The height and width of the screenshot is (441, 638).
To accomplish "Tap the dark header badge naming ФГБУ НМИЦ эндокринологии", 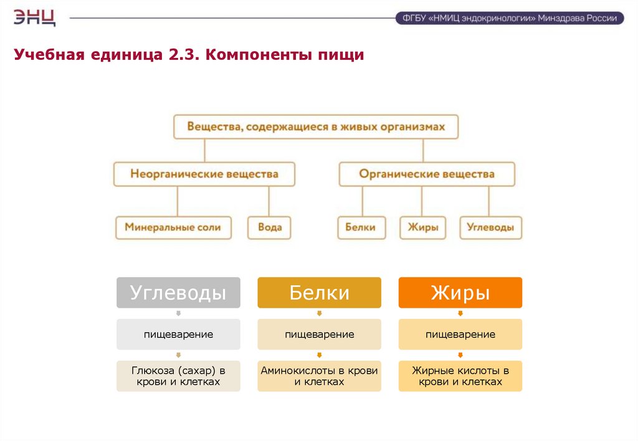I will [509, 18].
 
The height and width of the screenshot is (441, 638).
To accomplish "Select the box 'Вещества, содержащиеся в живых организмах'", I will [316, 126].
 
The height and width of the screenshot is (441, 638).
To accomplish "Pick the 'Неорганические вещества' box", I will [204, 174].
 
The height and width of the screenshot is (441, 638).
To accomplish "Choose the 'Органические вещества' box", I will [427, 174].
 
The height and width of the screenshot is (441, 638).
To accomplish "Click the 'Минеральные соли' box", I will [173, 227].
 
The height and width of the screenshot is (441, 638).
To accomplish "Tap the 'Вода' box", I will [270, 227].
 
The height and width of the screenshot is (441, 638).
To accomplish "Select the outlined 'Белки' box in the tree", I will [361, 227].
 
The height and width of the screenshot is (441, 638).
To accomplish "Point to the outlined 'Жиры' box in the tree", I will [423, 227].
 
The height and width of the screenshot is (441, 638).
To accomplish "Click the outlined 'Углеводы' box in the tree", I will [490, 227].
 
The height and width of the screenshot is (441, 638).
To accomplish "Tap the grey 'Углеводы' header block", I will [178, 293].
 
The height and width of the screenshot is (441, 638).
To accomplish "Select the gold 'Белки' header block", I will [319, 293].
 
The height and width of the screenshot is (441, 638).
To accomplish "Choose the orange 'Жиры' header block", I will [460, 293].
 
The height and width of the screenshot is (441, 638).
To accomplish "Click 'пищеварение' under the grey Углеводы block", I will [178, 334].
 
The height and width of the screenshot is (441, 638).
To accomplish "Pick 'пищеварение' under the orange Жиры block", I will [460, 334].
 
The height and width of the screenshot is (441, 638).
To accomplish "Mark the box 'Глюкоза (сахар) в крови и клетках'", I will [178, 376].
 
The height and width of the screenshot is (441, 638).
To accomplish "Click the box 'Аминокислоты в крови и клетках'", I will [319, 376].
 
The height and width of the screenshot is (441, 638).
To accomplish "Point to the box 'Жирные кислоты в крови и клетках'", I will [460, 376].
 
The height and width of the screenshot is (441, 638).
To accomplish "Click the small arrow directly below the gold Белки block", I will [319, 313].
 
